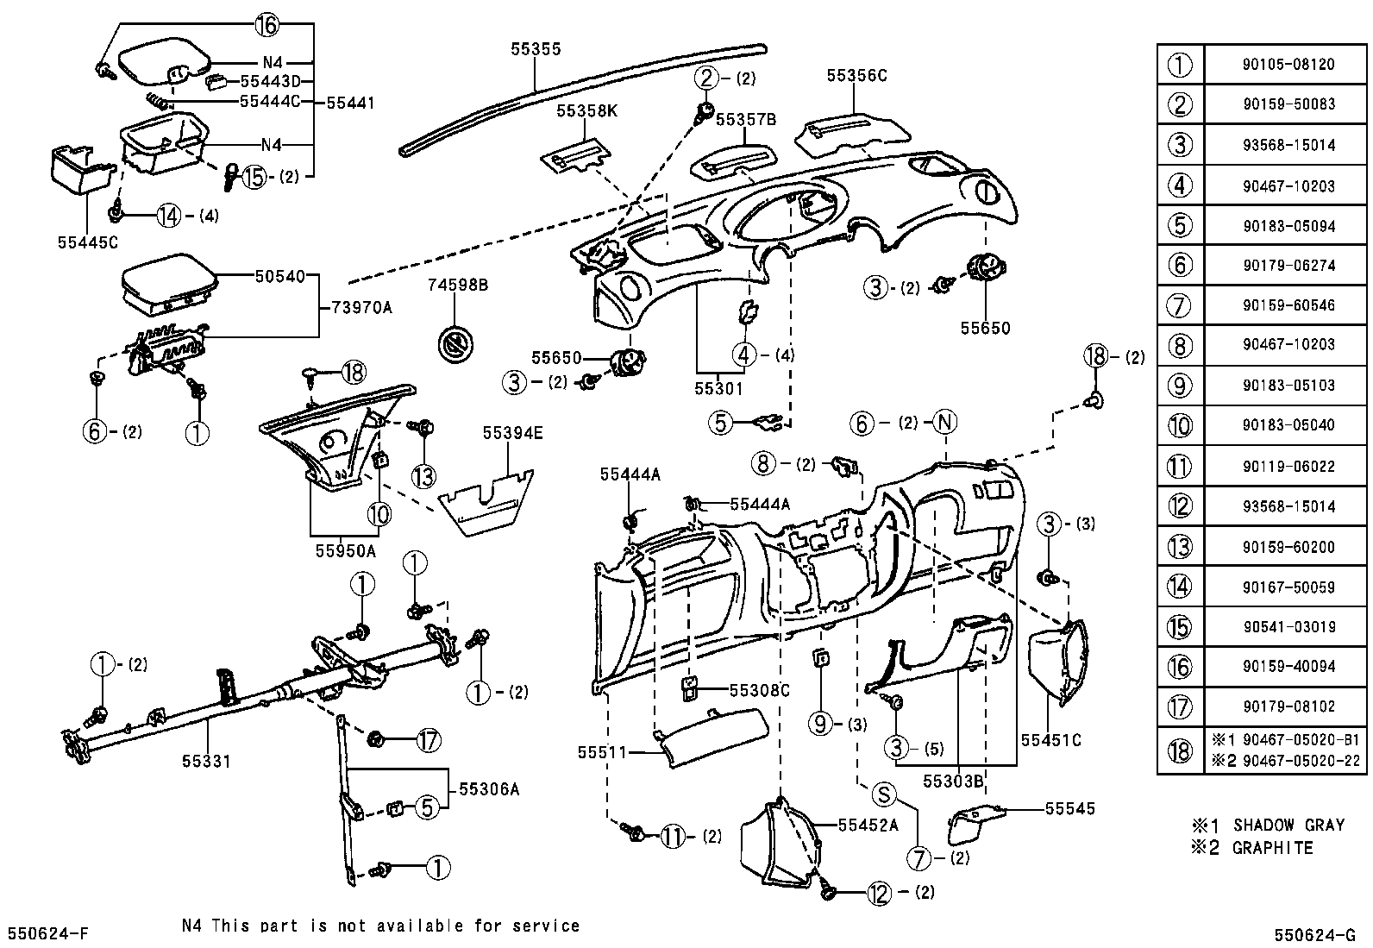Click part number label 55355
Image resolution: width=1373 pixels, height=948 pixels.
click(x=535, y=49)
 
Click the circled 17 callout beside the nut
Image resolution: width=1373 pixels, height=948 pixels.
click(x=428, y=739)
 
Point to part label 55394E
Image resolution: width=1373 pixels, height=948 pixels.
click(x=512, y=433)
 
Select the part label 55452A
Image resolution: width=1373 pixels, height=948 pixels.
click(x=868, y=825)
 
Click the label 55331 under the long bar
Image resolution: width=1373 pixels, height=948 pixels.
click(x=206, y=761)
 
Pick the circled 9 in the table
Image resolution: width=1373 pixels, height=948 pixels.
click(x=1179, y=385)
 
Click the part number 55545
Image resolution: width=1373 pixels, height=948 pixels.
click(x=1069, y=808)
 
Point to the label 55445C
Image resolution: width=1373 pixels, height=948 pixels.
click(x=87, y=242)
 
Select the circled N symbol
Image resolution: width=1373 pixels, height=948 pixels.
click(x=945, y=423)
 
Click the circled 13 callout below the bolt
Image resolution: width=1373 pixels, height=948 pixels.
click(x=423, y=475)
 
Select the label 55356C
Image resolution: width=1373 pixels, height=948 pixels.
click(x=856, y=75)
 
